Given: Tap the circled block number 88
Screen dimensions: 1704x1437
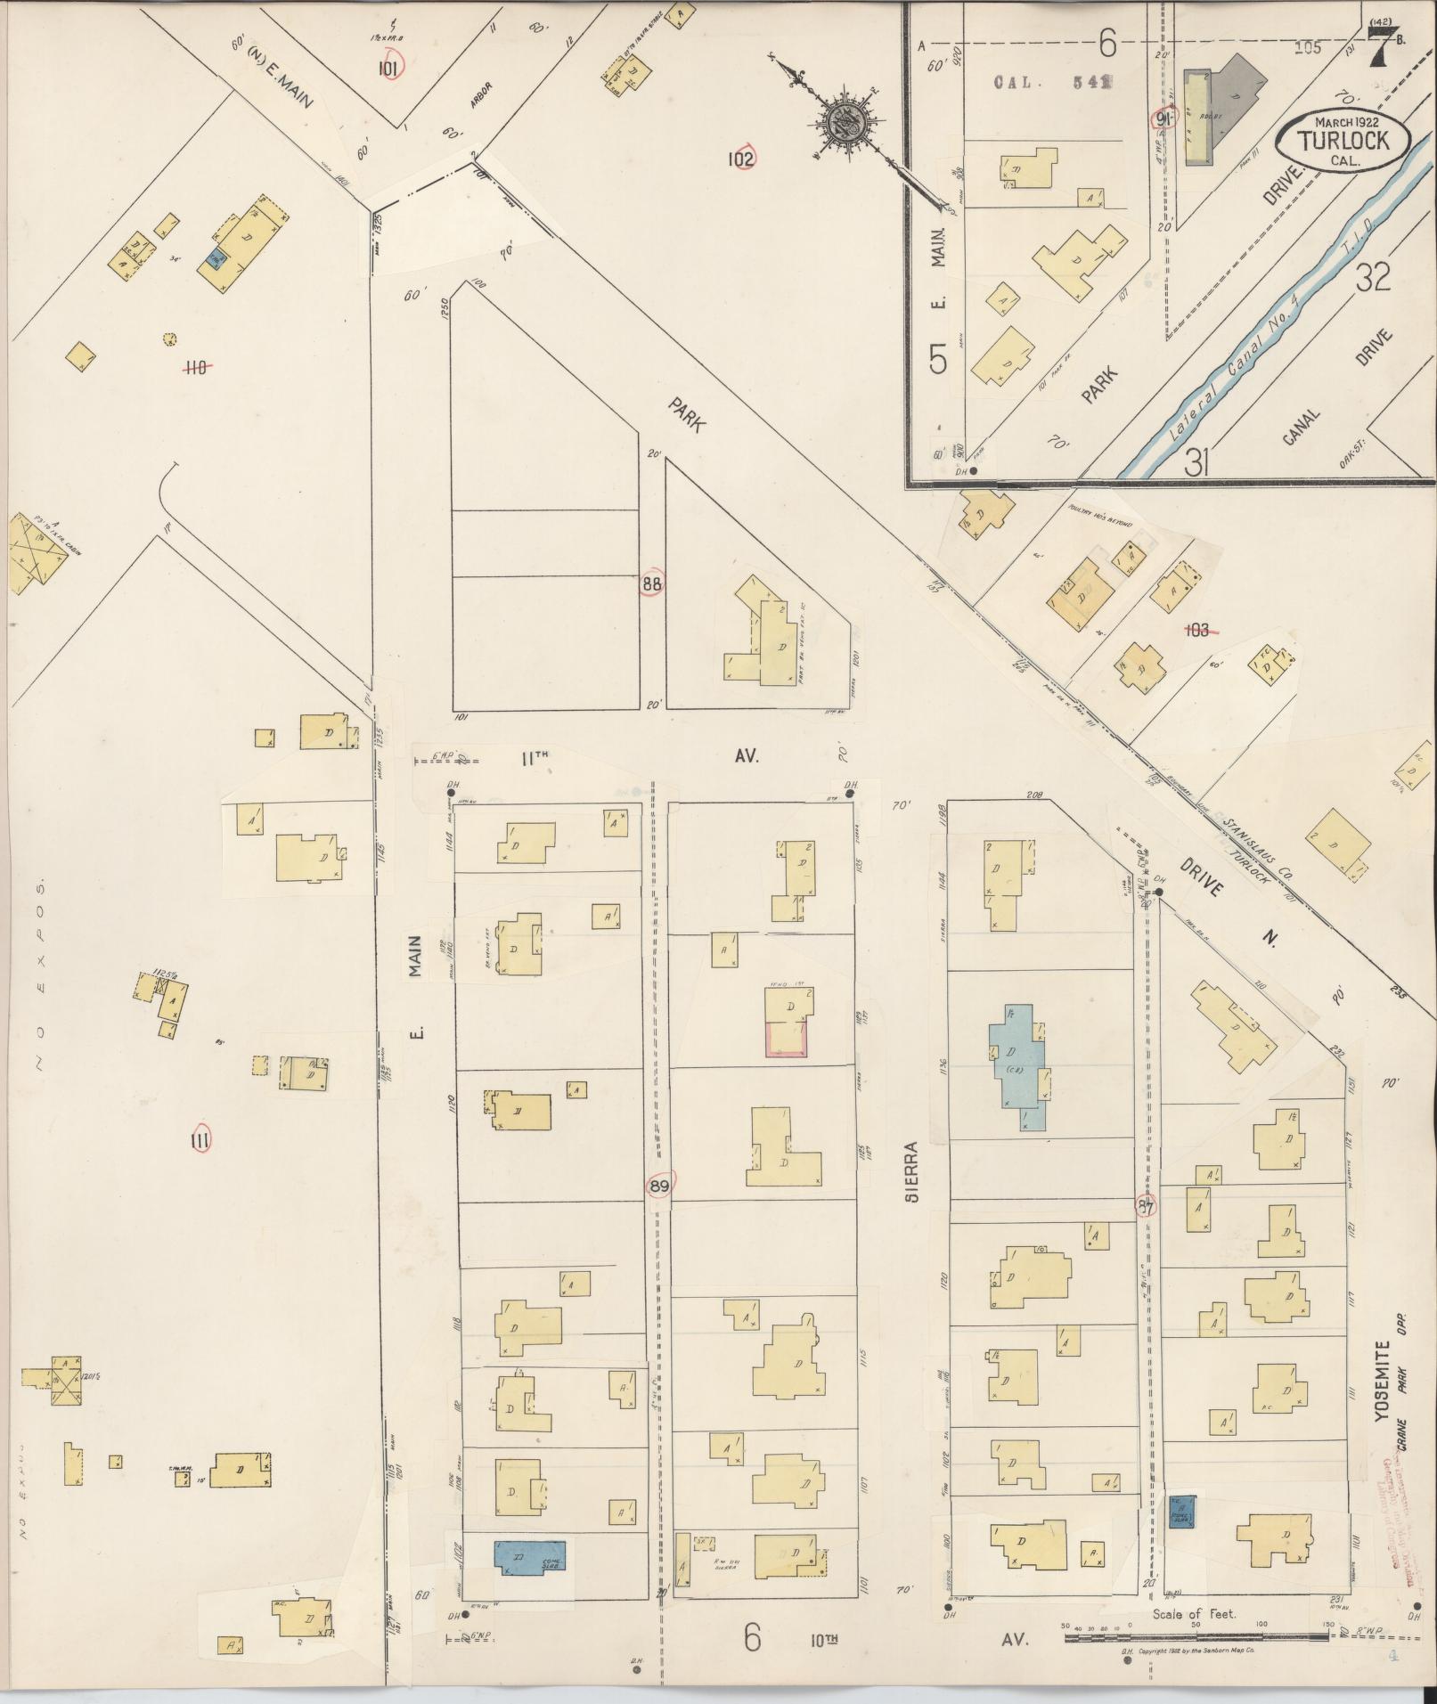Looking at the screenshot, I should [x=651, y=585].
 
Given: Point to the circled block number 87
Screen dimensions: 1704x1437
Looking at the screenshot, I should [x=1146, y=1209].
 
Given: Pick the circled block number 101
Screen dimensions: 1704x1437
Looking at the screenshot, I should [x=389, y=67].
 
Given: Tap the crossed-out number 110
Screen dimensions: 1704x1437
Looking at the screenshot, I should [x=195, y=366].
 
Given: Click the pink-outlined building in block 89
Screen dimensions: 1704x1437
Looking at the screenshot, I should [x=786, y=1039].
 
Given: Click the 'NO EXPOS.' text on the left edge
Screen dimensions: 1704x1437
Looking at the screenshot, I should [x=39, y=977].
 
